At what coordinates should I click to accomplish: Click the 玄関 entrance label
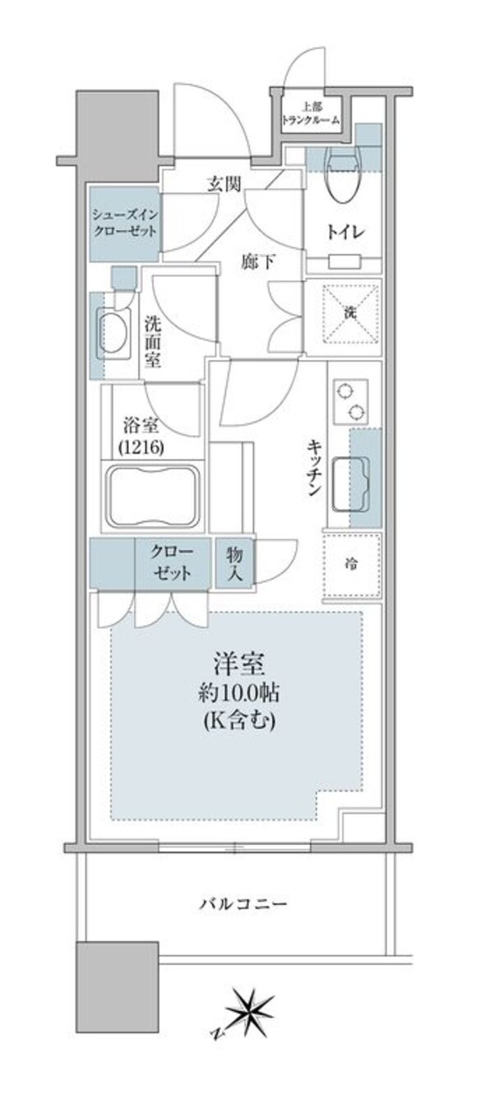tap(223, 184)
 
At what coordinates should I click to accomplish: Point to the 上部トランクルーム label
tap(310, 113)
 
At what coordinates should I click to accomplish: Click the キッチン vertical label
tap(314, 467)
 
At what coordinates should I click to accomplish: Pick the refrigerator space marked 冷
tap(352, 565)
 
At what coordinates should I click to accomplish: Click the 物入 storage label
tap(234, 563)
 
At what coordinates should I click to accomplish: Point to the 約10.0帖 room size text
tap(239, 693)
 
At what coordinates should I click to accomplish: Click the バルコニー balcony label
tap(243, 904)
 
